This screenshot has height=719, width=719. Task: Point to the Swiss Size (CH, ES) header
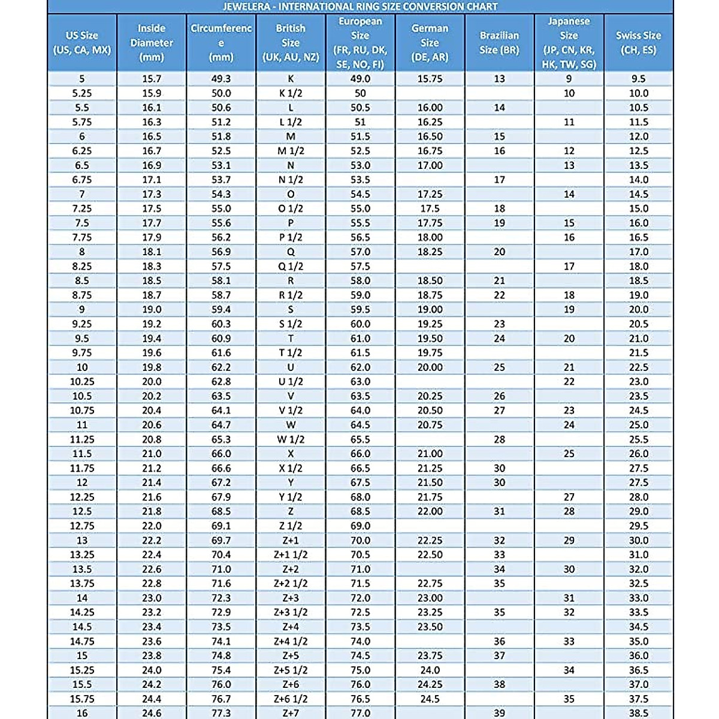point(639,43)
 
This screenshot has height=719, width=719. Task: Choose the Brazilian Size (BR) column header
point(499,43)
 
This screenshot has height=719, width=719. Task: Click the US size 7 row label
point(82,194)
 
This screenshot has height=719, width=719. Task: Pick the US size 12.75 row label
point(82,526)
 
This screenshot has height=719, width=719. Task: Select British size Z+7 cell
point(291,713)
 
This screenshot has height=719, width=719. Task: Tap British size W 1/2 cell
point(291,439)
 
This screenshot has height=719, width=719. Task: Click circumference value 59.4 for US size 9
point(221,310)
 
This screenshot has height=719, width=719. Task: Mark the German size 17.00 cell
point(430,165)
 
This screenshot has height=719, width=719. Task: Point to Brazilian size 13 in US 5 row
point(499,79)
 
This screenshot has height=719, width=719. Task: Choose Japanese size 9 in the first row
point(569,78)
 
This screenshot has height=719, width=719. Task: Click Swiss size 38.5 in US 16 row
point(639,713)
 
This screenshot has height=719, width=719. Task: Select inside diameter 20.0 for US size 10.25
point(152,382)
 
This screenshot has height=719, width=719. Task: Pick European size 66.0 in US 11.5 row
point(360,454)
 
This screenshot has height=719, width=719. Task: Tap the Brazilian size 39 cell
point(499,713)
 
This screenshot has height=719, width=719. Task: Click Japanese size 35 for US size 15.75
point(569,699)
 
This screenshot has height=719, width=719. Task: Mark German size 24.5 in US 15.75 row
point(430,699)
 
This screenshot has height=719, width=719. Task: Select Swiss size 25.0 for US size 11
point(639,425)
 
